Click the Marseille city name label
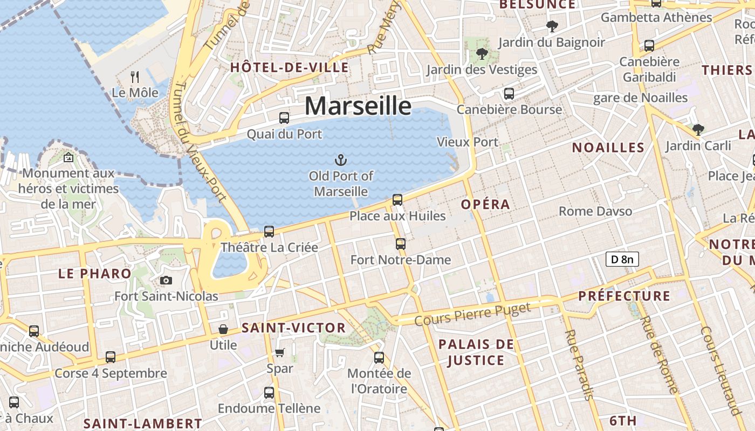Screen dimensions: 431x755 pyautogui.click(x=358, y=106)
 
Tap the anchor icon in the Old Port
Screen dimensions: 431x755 pyautogui.click(x=340, y=159)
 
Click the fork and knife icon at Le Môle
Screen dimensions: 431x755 pyautogui.click(x=135, y=77)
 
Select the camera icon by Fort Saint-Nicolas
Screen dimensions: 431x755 pyautogui.click(x=166, y=280)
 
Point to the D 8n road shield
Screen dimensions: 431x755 pyautogui.click(x=622, y=259)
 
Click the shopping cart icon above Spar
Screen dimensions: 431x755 pyautogui.click(x=279, y=353)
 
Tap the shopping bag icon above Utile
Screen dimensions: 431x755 pyautogui.click(x=223, y=329)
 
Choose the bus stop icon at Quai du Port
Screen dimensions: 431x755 pyautogui.click(x=284, y=117)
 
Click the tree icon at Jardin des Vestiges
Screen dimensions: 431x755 pyautogui.click(x=482, y=53)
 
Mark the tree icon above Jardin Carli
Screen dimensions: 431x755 pyautogui.click(x=698, y=129)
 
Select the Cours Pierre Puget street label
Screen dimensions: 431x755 pyautogui.click(x=472, y=314)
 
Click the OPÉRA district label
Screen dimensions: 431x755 pyautogui.click(x=485, y=204)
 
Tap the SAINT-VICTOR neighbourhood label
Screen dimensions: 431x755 pyautogui.click(x=293, y=328)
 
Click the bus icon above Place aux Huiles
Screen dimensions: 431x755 pyautogui.click(x=397, y=200)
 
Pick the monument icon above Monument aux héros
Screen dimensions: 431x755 pyautogui.click(x=68, y=157)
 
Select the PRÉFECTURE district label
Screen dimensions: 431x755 pyautogui.click(x=624, y=296)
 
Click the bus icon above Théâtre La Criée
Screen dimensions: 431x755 pyautogui.click(x=269, y=232)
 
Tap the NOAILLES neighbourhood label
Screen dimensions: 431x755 pyautogui.click(x=608, y=148)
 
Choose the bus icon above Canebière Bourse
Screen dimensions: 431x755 pyautogui.click(x=509, y=94)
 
